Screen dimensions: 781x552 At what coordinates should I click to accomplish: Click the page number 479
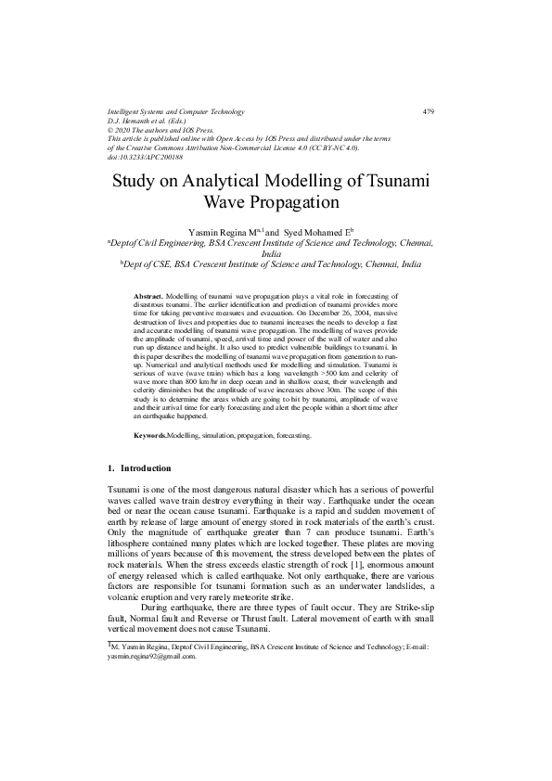[x=428, y=112]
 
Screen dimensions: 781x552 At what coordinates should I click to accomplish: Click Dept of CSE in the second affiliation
[x=150, y=263]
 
